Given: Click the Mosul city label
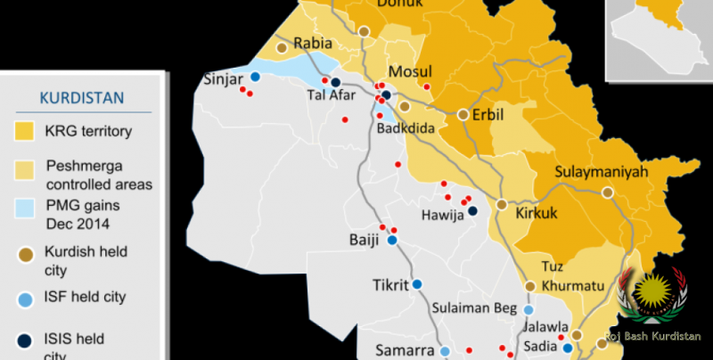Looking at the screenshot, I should [x=410, y=72].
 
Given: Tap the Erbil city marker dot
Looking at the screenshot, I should [x=463, y=114].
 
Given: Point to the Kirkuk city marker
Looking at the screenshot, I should [x=502, y=204].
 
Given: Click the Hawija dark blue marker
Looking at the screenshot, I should [x=473, y=211].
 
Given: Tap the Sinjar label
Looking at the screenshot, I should [x=224, y=78].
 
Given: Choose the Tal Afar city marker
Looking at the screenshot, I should [x=336, y=82].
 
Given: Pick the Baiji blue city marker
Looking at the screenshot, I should [x=391, y=240].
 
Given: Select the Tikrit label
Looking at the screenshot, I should [x=389, y=286].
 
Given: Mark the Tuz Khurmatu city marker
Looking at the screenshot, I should [x=529, y=286].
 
